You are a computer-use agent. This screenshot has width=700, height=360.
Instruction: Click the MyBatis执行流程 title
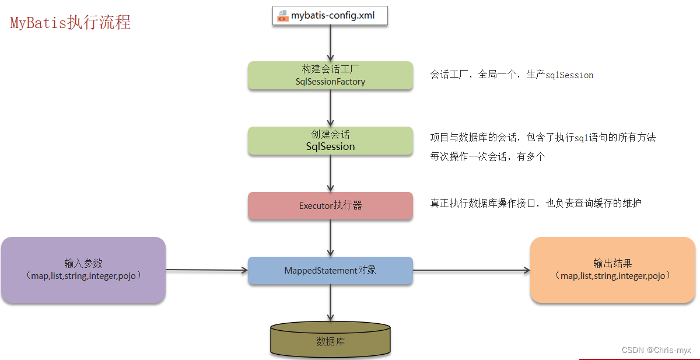pyautogui.click(x=71, y=22)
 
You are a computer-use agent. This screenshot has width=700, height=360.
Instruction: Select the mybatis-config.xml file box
pyautogui.click(x=330, y=15)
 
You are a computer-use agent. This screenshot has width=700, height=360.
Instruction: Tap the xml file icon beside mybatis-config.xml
pyautogui.click(x=283, y=15)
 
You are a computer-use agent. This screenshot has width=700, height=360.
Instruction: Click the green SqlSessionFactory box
pyautogui.click(x=330, y=75)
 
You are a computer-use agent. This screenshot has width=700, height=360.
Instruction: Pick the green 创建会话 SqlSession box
pyautogui.click(x=330, y=141)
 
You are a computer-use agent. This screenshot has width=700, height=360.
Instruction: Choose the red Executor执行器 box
pyautogui.click(x=330, y=205)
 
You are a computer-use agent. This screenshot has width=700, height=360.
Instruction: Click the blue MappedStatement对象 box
pyautogui.click(x=330, y=270)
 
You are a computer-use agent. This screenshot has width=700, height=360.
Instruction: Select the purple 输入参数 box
pyautogui.click(x=83, y=270)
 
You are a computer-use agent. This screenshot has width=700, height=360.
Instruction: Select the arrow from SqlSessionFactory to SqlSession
pyautogui.click(x=330, y=108)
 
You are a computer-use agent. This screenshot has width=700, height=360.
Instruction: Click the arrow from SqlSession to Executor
pyautogui.click(x=330, y=173)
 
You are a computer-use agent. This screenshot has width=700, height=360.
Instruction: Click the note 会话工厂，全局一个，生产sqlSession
pyautogui.click(x=512, y=75)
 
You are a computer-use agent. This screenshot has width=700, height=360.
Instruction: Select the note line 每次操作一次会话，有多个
pyautogui.click(x=488, y=157)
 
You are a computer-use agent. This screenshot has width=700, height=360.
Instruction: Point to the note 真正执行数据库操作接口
pyautogui.click(x=536, y=203)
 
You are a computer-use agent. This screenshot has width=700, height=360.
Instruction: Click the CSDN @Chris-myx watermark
pyautogui.click(x=656, y=350)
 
